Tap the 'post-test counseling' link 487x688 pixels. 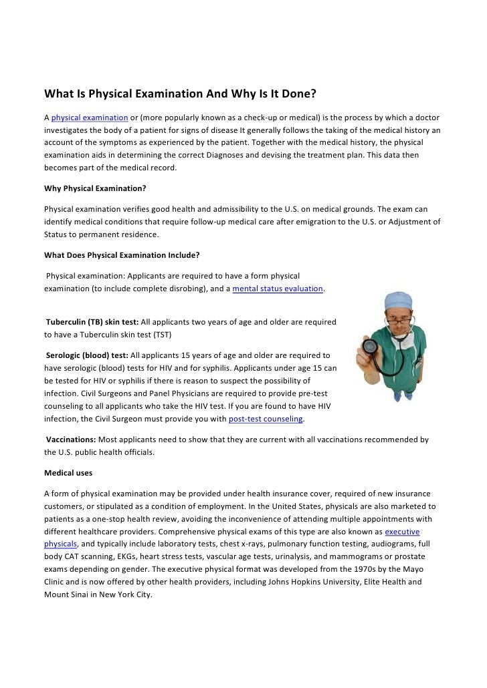pyautogui.click(x=266, y=419)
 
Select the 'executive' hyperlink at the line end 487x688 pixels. pyautogui.click(x=403, y=532)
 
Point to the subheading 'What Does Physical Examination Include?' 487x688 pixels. pyautogui.click(x=122, y=255)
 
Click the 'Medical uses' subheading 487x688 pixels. pyautogui.click(x=68, y=473)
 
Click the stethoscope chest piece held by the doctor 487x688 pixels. pyautogui.click(x=370, y=348)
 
